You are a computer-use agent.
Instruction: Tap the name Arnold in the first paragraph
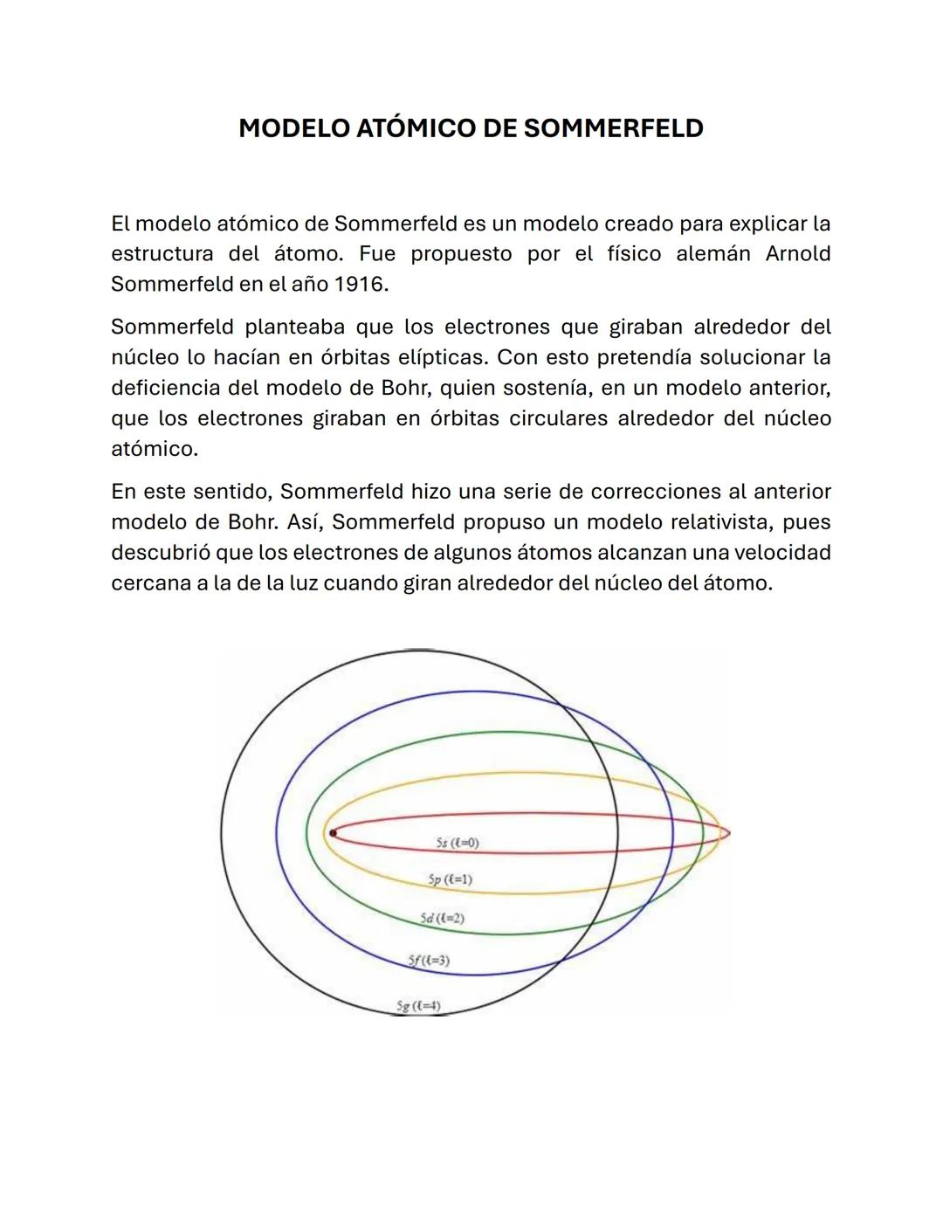[x=797, y=253]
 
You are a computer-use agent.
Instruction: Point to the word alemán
[x=712, y=253]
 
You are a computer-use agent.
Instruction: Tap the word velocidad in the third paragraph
[x=781, y=553]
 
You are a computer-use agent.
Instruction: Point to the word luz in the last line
[x=303, y=583]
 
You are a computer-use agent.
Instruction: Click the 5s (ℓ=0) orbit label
[x=458, y=843]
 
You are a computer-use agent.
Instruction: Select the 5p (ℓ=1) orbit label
[x=451, y=879]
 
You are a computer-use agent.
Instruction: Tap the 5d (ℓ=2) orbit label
[x=442, y=919]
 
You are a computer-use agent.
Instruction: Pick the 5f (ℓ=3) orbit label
[x=429, y=961]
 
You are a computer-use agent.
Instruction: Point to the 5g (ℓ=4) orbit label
[x=418, y=1006]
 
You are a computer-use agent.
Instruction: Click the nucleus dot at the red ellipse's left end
[x=333, y=833]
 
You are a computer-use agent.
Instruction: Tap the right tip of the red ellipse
[x=727, y=833]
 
